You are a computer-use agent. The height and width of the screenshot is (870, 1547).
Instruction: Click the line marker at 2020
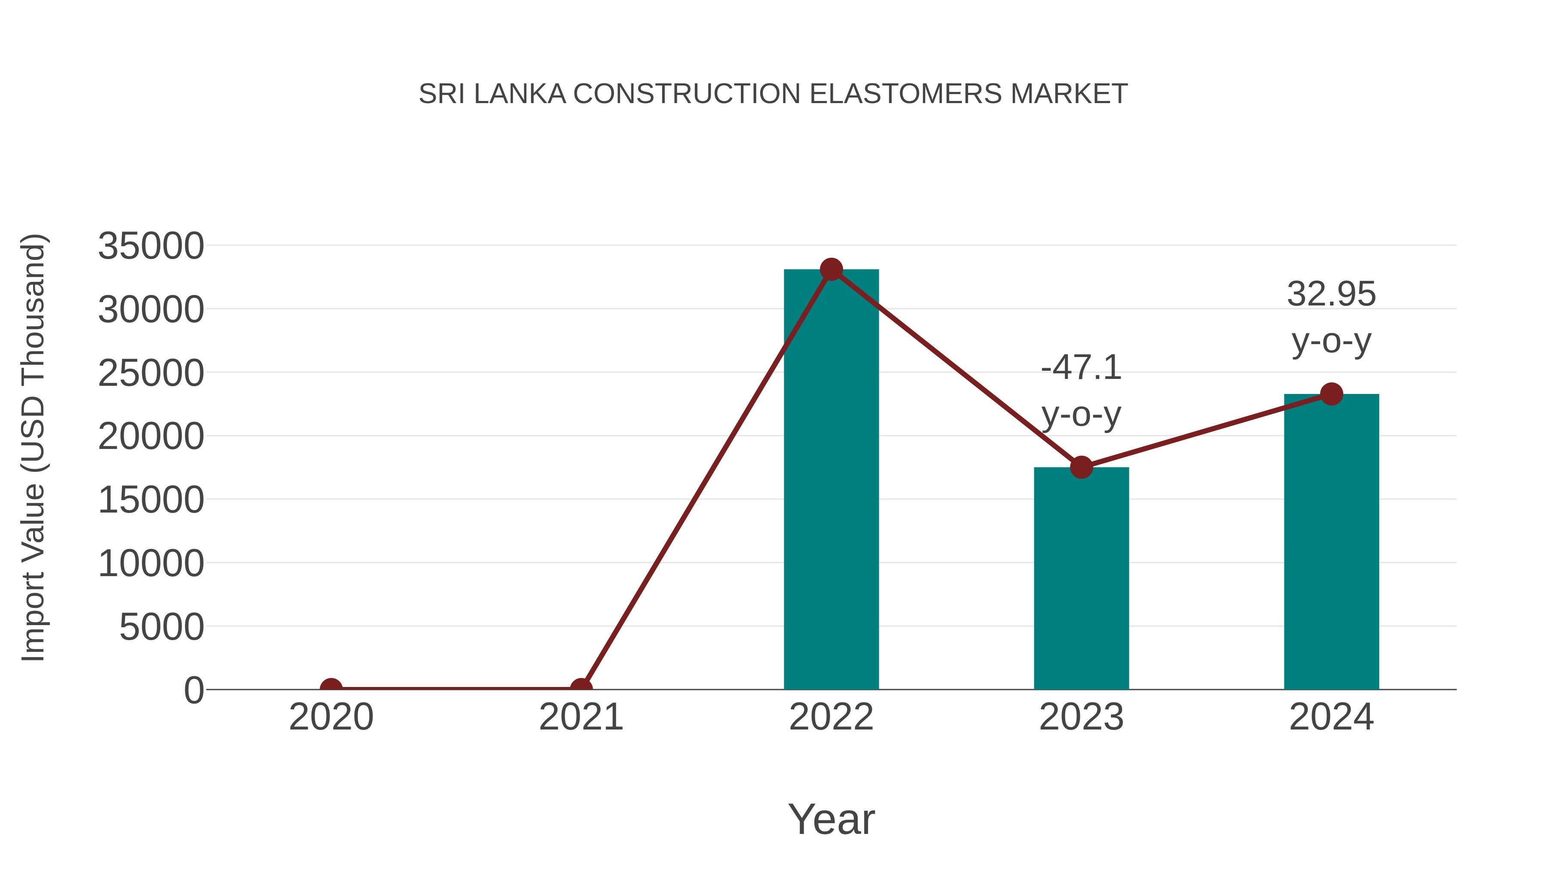pyautogui.click(x=331, y=688)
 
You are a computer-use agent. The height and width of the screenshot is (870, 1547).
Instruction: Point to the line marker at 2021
pyautogui.click(x=581, y=688)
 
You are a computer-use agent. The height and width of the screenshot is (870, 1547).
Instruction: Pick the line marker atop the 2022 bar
pyautogui.click(x=831, y=269)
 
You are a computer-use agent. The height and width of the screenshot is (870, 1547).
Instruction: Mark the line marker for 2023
pyautogui.click(x=1081, y=467)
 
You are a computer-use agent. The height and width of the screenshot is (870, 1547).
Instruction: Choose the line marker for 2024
pyautogui.click(x=1331, y=394)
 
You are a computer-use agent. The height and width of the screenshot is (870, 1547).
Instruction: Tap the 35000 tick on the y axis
pyautogui.click(x=151, y=246)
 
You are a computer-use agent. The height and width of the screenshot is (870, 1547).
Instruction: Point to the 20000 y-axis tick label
pyautogui.click(x=151, y=437)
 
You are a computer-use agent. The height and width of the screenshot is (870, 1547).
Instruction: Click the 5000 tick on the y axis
pyautogui.click(x=162, y=627)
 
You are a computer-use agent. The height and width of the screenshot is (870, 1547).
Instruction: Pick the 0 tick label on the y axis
pyautogui.click(x=193, y=690)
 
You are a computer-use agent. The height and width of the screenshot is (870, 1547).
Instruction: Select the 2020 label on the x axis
pyautogui.click(x=331, y=717)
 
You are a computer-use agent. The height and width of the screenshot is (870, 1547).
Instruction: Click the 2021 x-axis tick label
pyautogui.click(x=581, y=717)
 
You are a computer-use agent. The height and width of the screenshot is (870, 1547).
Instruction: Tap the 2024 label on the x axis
pyautogui.click(x=1331, y=717)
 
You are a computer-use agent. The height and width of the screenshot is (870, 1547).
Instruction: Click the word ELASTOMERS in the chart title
pyautogui.click(x=905, y=94)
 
